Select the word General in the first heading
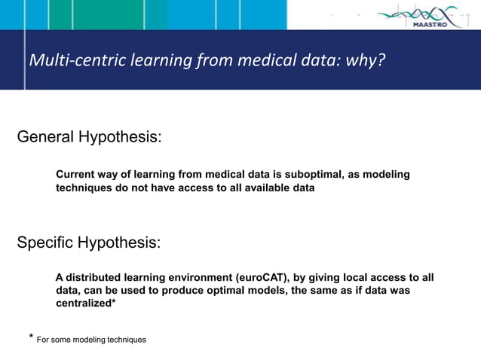(x=47, y=137)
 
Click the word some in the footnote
(x=65, y=340)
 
